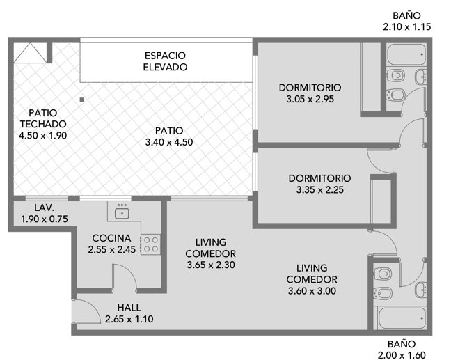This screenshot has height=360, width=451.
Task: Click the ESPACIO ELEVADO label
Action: pyautogui.click(x=165, y=61)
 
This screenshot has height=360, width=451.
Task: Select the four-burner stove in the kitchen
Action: pyautogui.click(x=150, y=244)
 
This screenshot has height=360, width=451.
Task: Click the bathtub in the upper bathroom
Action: pyautogui.click(x=406, y=54)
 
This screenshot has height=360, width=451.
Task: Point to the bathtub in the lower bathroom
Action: pyautogui.click(x=402, y=318)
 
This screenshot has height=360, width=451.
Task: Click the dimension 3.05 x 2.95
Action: pyautogui.click(x=310, y=99)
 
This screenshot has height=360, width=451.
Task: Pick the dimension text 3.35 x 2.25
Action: pyautogui.click(x=320, y=189)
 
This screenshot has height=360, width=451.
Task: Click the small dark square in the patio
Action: pyautogui.click(x=82, y=100)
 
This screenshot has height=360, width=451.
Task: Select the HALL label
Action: pyautogui.click(x=129, y=308)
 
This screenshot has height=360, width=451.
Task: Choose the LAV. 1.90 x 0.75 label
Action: pyautogui.click(x=45, y=213)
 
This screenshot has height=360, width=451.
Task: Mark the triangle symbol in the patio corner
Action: pyautogui.click(x=30, y=53)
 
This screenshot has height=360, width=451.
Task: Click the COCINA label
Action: pyautogui.click(x=111, y=238)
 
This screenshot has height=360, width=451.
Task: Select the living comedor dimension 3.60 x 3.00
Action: pyautogui.click(x=312, y=290)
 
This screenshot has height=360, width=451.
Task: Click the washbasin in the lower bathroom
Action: pyautogui.click(x=421, y=290)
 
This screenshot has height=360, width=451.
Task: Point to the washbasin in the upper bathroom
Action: pyautogui.click(x=420, y=77)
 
